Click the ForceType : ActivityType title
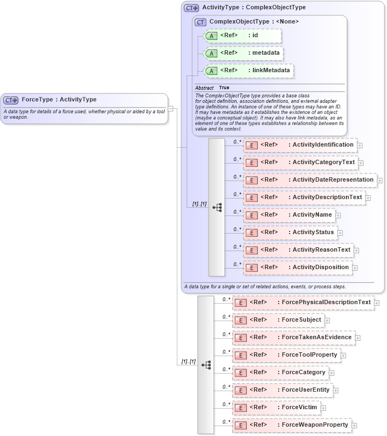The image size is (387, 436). [x=59, y=100]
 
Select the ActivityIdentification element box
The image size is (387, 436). [x=300, y=145]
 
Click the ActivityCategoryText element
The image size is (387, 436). [x=300, y=162]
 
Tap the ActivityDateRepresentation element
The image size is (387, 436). [x=309, y=180]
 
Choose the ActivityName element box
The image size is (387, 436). [x=289, y=215]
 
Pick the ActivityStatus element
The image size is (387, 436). [x=290, y=232]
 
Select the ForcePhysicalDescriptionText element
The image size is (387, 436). [x=303, y=303]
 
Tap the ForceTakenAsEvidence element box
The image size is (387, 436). [x=293, y=338]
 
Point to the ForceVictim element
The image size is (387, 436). [x=276, y=408]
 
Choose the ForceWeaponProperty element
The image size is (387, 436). [x=292, y=425]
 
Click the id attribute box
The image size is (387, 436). [x=241, y=36]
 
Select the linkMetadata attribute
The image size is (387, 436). [x=248, y=71]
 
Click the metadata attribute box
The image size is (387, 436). [x=242, y=53]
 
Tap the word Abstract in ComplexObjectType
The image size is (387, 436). [x=204, y=88]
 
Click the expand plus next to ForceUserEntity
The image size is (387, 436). [x=336, y=391]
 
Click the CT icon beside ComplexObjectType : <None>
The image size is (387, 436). [x=200, y=22]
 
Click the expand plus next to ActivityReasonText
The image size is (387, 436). [x=356, y=251]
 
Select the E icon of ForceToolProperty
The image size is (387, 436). [x=240, y=356]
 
